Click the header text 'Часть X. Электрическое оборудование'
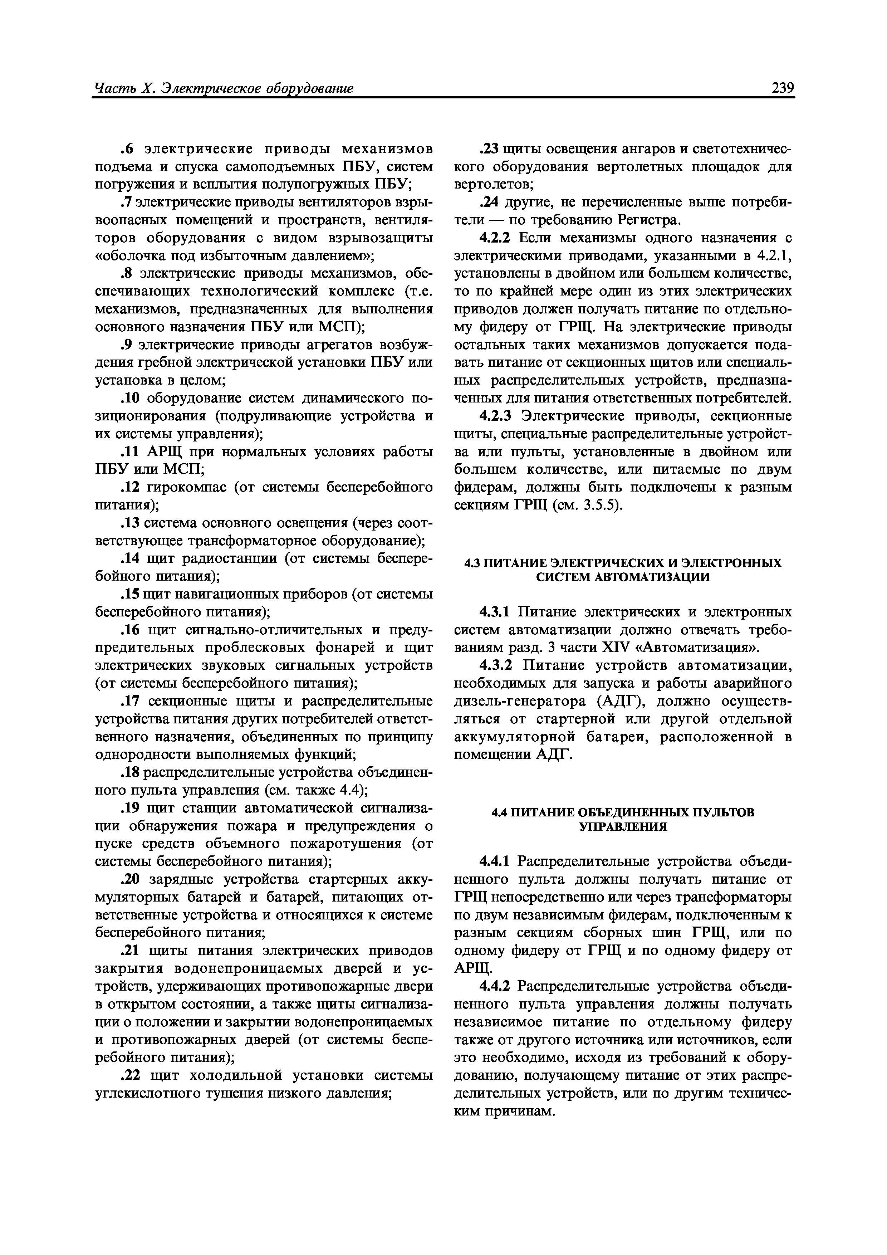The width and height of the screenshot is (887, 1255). pyautogui.click(x=224, y=88)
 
